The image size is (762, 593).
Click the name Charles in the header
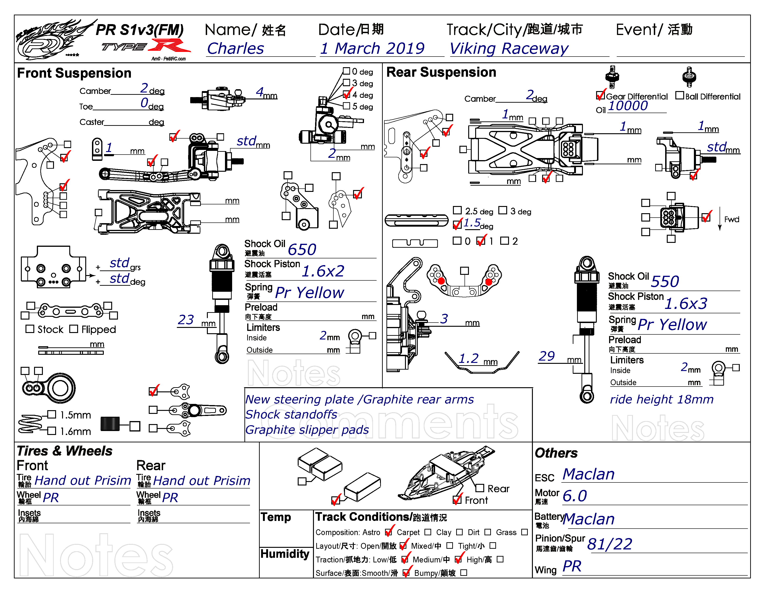tap(236, 48)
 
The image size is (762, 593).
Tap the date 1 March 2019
tap(373, 48)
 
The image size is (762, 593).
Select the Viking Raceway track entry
tap(509, 48)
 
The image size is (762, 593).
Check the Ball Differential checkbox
tap(679, 95)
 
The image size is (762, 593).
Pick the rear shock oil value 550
tap(665, 281)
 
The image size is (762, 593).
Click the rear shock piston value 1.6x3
tap(686, 303)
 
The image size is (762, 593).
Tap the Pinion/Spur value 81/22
tap(610, 544)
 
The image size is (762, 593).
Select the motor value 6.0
tap(575, 496)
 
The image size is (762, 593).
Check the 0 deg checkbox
tap(346, 71)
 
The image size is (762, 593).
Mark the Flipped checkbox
tap(74, 329)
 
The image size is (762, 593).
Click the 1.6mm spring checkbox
tap(52, 431)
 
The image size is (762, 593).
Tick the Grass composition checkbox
tap(524, 532)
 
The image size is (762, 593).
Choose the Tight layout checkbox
tap(493, 545)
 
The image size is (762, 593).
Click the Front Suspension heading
tap(74, 73)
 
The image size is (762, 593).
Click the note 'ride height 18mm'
tap(661, 399)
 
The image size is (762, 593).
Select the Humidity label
tap(285, 554)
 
